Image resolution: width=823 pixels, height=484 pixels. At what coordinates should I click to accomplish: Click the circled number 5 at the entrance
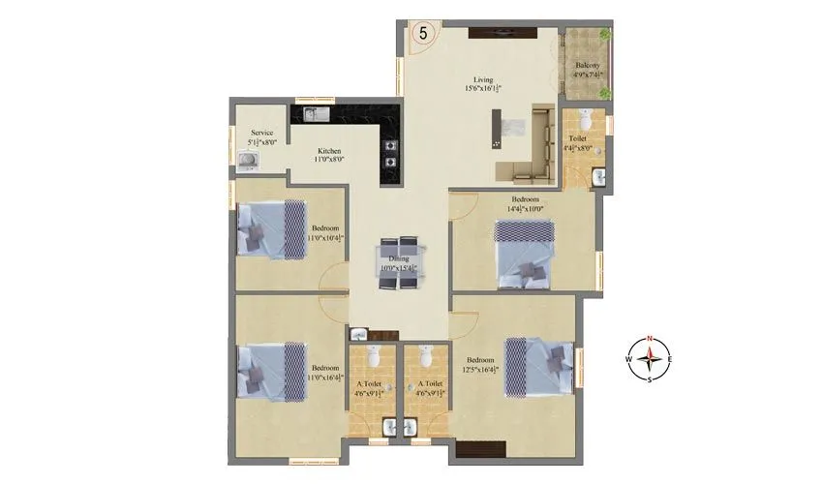point(423,32)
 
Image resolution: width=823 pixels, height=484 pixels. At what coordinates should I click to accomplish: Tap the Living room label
point(483,81)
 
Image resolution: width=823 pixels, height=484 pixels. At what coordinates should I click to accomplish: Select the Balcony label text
point(587,67)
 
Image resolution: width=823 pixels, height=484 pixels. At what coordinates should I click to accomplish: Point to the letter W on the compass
point(629,359)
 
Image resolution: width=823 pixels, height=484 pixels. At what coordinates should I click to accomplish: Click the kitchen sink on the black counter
point(317,115)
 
